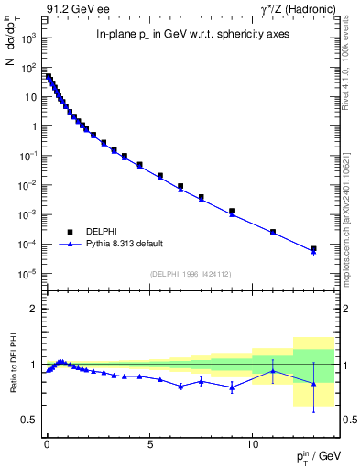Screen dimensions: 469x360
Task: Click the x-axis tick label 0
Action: (47, 439)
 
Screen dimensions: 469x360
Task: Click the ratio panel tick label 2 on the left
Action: (34, 310)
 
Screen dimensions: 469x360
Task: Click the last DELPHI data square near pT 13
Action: (313, 248)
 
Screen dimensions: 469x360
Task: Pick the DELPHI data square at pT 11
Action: (273, 232)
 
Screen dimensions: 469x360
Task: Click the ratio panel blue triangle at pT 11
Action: (273, 371)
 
